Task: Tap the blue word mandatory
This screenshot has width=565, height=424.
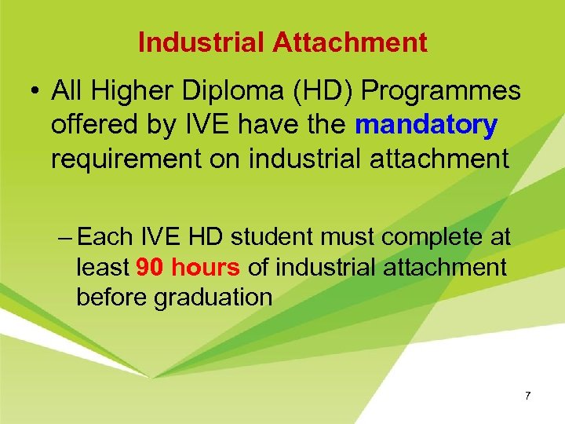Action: click(x=425, y=125)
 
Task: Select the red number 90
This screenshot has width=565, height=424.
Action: click(x=149, y=268)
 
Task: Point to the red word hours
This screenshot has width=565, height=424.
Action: click(x=204, y=268)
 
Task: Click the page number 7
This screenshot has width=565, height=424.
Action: click(x=528, y=396)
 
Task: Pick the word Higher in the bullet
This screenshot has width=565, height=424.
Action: click(x=137, y=91)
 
